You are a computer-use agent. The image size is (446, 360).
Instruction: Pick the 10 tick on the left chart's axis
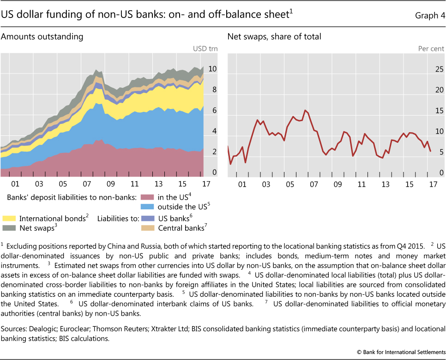pos(212,69)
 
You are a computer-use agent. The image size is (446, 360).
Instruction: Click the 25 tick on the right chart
pos(439,69)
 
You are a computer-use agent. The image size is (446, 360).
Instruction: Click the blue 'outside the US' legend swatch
pos(146,207)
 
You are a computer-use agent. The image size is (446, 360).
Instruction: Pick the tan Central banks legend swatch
pos(146,228)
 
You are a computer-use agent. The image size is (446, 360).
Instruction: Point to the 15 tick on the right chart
pos(439,111)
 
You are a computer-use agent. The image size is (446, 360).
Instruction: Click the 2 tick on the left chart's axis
pos(214,152)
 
